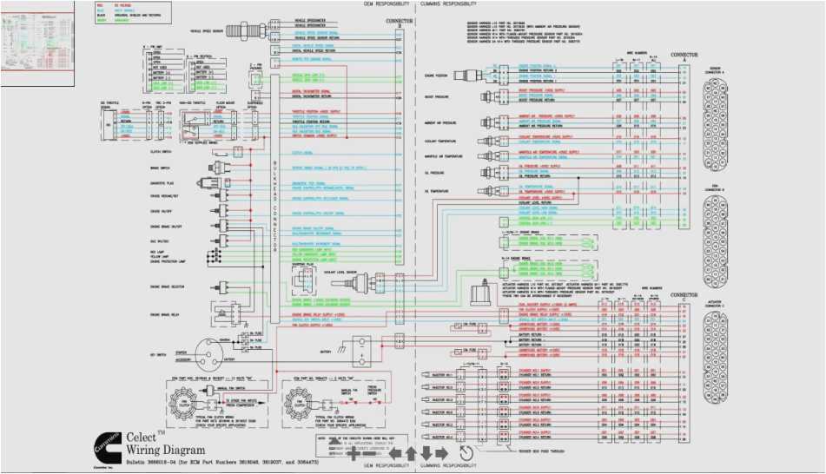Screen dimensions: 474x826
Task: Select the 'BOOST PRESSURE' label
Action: pos(435,97)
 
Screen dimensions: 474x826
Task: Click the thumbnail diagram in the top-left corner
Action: pos(37,43)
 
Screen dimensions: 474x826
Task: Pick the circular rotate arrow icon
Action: pos(466,452)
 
